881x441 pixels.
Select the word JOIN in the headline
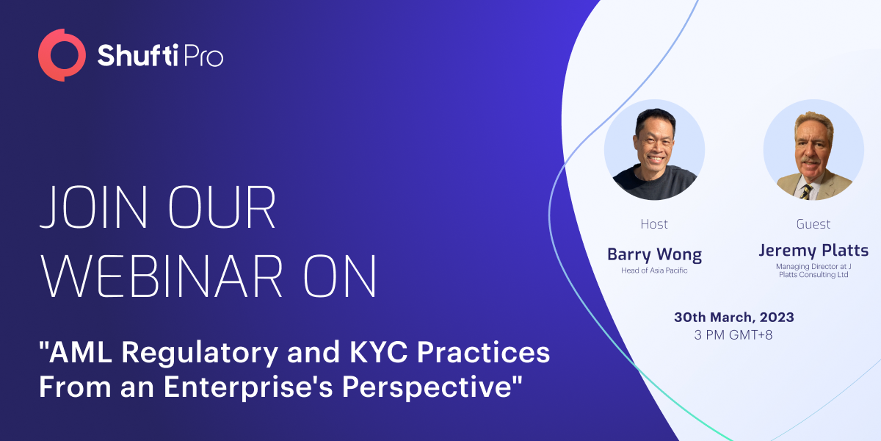click(94, 207)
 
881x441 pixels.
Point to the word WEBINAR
click(162, 276)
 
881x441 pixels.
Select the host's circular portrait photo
click(654, 150)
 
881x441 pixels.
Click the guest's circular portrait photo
click(813, 150)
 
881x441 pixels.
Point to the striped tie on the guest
click(806, 192)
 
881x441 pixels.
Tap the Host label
click(654, 224)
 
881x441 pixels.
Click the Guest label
click(813, 224)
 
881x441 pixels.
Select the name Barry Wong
click(654, 255)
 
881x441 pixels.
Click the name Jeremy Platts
click(813, 251)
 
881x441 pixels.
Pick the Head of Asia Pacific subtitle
click(654, 270)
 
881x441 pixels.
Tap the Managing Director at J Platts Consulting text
click(813, 270)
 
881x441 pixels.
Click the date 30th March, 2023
click(734, 317)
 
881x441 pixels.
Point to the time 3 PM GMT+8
click(733, 335)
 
